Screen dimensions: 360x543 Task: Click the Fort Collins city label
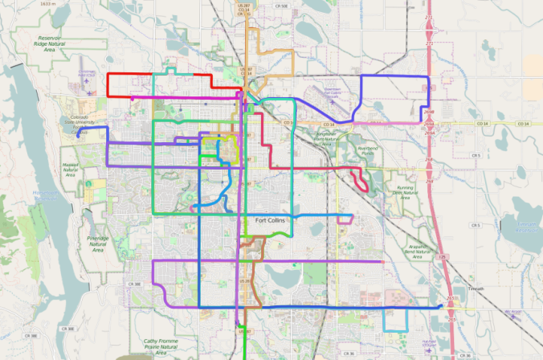(270, 220)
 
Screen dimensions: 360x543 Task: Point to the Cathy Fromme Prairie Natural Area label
(160, 346)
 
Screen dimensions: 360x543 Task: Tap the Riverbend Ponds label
(367, 149)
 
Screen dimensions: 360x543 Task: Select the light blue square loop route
(394, 321)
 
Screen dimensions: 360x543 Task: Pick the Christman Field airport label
(88, 74)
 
